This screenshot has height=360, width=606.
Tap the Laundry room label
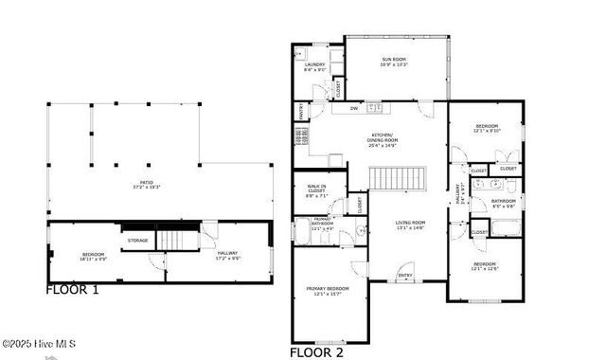pyautogui.click(x=314, y=67)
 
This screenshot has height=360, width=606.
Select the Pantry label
pyautogui.click(x=301, y=111)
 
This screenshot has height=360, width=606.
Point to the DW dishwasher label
pyautogui.click(x=352, y=108)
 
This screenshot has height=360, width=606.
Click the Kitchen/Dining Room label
pyautogui.click(x=382, y=140)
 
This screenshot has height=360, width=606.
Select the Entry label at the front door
pyautogui.click(x=405, y=276)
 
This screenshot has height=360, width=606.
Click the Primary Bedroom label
pyautogui.click(x=327, y=291)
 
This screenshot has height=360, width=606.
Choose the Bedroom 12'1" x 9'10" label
pyautogui.click(x=486, y=128)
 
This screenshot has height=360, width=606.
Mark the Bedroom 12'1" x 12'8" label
pyautogui.click(x=486, y=266)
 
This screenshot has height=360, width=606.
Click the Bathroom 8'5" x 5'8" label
pyautogui.click(x=503, y=203)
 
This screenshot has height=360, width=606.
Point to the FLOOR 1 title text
pyautogui.click(x=72, y=289)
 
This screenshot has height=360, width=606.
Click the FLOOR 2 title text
pyautogui.click(x=317, y=351)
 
